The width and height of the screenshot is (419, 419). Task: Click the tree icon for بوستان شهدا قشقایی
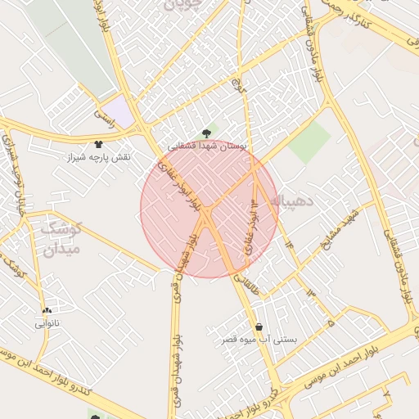point(205,133)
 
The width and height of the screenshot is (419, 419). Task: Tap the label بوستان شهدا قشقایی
point(207,145)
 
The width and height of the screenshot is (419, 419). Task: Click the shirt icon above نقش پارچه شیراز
point(98,144)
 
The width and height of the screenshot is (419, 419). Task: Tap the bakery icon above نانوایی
point(47,312)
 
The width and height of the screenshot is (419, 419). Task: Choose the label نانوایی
point(47,323)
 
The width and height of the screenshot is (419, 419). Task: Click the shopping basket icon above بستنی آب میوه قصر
point(259,327)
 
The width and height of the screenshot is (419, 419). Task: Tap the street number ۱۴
point(288,243)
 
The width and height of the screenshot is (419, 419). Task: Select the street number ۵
point(331,324)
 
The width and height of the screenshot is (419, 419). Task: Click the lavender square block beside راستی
point(119,110)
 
